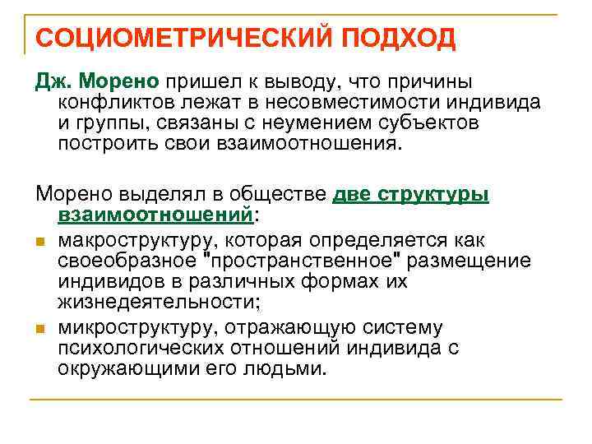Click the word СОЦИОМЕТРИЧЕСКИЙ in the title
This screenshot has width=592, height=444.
pos(173,38)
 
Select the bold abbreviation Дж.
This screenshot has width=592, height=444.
pos(53,83)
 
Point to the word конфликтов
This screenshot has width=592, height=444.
pos(117,103)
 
